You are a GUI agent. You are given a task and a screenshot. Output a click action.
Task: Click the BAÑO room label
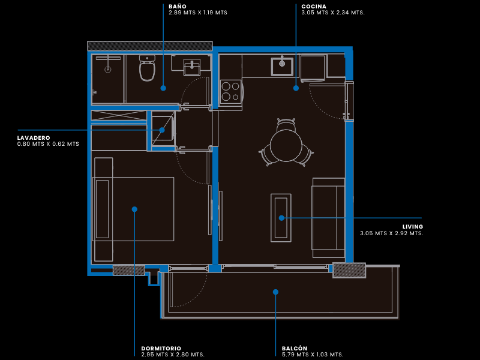[x=178, y=7]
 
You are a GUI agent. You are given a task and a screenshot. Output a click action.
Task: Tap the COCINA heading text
[x=314, y=7]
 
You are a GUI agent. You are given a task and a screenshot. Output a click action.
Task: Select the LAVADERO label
[x=34, y=138]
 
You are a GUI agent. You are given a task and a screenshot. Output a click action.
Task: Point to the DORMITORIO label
[x=161, y=349]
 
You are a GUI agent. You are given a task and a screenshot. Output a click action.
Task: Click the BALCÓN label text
[x=295, y=349]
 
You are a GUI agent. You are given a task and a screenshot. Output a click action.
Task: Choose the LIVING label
[x=413, y=227]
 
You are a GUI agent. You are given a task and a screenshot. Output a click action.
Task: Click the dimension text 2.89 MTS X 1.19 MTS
[x=198, y=13]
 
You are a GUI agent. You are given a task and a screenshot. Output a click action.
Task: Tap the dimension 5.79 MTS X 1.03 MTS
[x=313, y=355]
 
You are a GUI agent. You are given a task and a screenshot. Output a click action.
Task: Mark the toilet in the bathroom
[x=147, y=68]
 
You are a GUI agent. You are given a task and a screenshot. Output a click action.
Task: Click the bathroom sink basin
[x=192, y=67]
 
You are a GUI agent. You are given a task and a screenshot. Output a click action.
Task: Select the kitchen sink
[x=282, y=66]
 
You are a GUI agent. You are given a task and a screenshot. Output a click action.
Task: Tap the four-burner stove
[x=231, y=92]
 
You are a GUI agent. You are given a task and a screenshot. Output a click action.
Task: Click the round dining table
[x=286, y=146]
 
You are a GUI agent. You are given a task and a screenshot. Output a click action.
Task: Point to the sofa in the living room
[x=328, y=218]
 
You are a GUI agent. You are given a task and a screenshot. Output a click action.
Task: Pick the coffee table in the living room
[x=281, y=218]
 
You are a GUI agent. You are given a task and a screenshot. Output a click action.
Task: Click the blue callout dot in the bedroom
[x=134, y=209]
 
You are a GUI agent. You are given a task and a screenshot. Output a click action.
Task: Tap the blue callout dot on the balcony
[x=275, y=292]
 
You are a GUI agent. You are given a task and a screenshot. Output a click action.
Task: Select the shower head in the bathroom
[x=108, y=70]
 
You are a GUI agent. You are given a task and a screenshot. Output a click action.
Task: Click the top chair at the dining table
[x=286, y=124]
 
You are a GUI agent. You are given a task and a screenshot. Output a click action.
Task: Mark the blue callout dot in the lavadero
[x=162, y=130]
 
